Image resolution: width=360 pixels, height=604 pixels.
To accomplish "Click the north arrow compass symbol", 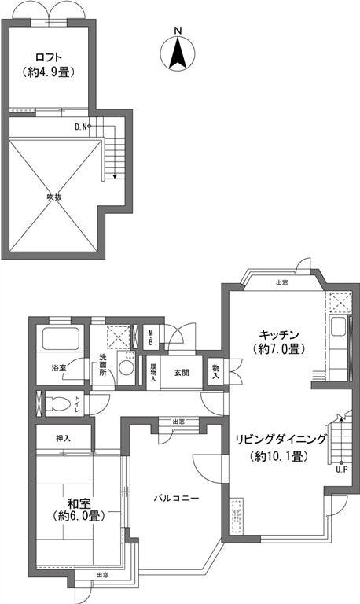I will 178,51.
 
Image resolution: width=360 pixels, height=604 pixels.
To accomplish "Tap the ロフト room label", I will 49,57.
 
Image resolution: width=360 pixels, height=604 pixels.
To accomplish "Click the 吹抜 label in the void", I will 53,196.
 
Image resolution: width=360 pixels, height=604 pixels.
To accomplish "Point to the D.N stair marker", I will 81,126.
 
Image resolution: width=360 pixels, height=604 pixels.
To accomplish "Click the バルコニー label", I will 175,499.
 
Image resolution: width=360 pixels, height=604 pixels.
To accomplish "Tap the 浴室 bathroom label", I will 58,367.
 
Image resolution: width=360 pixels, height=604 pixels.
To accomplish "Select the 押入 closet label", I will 64,438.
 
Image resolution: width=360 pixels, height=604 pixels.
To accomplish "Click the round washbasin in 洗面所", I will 127,368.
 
